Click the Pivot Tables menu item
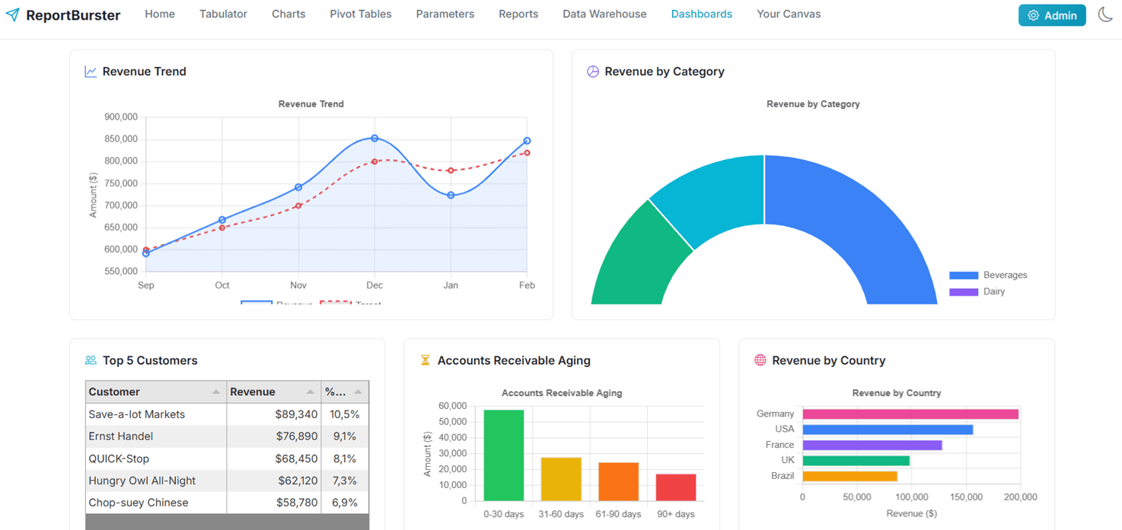pos(360,14)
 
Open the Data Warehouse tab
pos(604,14)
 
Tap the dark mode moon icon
pos(1105,14)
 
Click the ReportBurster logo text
pos(72,15)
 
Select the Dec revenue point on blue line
pos(375,139)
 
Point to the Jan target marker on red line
pos(451,171)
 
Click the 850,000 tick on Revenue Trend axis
pos(121,139)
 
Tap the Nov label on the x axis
pos(298,286)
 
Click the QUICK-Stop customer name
pos(119,458)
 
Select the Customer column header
pos(114,392)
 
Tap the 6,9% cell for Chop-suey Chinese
pos(344,503)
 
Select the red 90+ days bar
pos(676,487)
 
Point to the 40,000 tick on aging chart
pos(452,437)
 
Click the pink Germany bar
pos(910,414)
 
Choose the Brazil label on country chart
pos(782,476)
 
